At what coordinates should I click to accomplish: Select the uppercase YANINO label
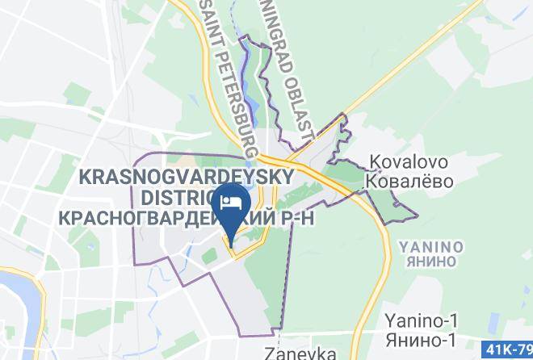pos(430,245)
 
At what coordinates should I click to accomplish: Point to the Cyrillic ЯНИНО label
pos(430,260)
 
